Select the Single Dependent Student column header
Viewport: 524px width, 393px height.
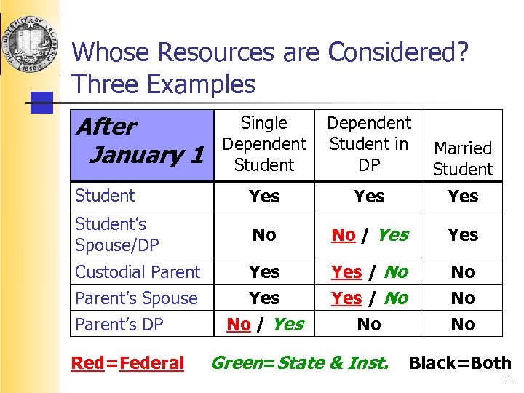[x=264, y=143]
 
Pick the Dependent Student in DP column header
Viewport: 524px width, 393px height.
[x=369, y=143]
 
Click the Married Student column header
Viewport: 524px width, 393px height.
[x=463, y=159]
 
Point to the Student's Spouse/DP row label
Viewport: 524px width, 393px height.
[x=116, y=234]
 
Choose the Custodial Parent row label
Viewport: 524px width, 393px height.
[x=138, y=272]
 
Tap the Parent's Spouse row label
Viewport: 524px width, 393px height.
[x=136, y=298]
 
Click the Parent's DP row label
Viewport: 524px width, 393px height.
[x=119, y=324]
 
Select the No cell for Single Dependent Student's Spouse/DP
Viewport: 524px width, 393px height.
[x=264, y=235]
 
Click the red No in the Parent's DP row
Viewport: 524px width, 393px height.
[x=239, y=325]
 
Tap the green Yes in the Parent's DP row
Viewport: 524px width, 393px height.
[x=287, y=325]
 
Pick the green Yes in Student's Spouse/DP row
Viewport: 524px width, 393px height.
[x=393, y=235]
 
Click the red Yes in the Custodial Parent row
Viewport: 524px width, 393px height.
[x=346, y=272]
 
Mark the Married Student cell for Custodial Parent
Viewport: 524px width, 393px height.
[x=463, y=272]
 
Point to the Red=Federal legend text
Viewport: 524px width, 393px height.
[x=127, y=363]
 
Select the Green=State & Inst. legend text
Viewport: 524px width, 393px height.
[x=299, y=362]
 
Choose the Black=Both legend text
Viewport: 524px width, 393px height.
[x=460, y=363]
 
